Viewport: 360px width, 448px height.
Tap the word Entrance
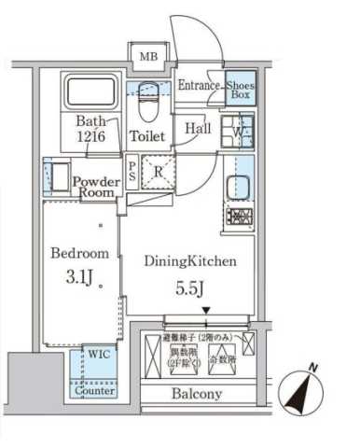pos(199,86)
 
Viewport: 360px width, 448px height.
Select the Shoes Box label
pos(240,90)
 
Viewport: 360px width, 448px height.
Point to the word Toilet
pos(146,136)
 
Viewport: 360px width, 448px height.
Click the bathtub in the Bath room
pos(87,93)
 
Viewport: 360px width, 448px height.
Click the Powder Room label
pos(94,187)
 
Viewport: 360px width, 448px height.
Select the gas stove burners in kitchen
pos(238,218)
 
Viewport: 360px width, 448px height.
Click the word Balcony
pos(196,394)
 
